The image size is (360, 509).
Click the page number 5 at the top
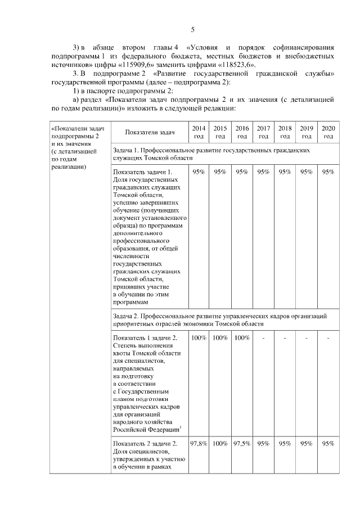pyautogui.click(x=192, y=30)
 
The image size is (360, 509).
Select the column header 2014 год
pyautogui.click(x=199, y=132)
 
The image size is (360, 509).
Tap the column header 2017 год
pyautogui.click(x=263, y=132)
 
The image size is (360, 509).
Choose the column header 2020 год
pyautogui.click(x=328, y=132)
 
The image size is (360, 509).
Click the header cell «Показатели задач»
pyautogui.click(x=150, y=133)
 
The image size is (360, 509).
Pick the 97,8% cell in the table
pyautogui.click(x=199, y=443)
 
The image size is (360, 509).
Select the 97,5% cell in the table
pyautogui.click(x=242, y=443)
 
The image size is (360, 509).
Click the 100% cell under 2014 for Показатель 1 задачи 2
pyautogui.click(x=199, y=338)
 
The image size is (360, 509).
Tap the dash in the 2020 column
pyautogui.click(x=328, y=338)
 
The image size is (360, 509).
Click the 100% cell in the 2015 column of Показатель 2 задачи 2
pyautogui.click(x=220, y=443)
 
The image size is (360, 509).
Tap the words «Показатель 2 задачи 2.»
pyautogui.click(x=146, y=443)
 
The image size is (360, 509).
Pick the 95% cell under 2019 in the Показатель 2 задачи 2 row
pyautogui.click(x=307, y=443)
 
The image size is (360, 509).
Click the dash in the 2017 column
pyautogui.click(x=263, y=338)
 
